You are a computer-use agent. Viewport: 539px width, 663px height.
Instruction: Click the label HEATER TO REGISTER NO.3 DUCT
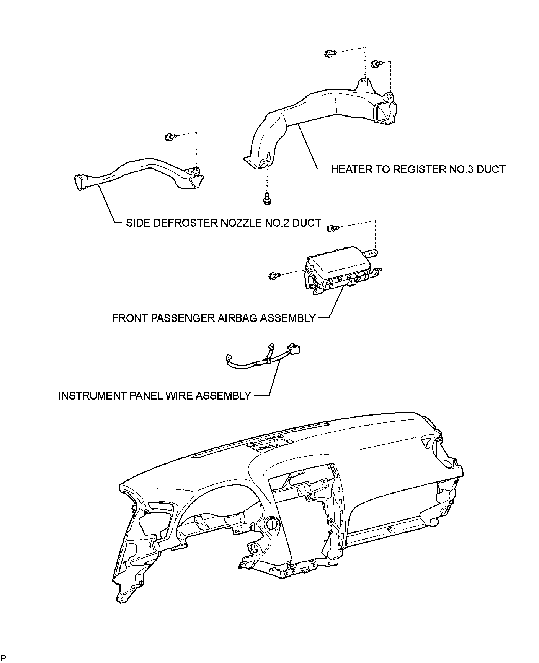418,169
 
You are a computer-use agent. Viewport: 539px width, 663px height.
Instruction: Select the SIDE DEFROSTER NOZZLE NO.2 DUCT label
223,223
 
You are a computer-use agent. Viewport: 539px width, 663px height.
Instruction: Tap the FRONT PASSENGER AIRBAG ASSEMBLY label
214,318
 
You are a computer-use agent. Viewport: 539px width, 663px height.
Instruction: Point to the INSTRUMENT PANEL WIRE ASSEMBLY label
154,396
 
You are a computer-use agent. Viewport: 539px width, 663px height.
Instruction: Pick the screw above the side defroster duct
170,136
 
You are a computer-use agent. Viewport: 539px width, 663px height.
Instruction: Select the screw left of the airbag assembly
274,275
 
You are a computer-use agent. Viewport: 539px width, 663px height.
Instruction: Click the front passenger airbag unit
337,271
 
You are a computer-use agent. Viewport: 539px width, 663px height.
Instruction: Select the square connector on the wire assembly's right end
294,349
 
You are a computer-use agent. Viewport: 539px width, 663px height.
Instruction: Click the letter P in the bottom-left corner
3,658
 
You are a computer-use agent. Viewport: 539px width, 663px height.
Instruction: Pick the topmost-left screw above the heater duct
329,54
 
